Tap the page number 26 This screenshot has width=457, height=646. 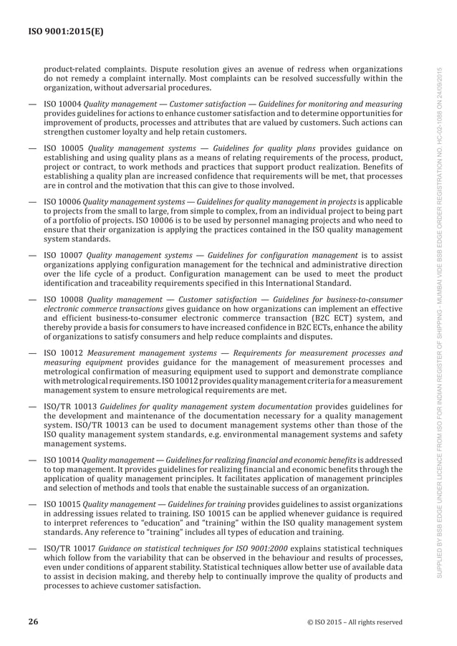coord(33,622)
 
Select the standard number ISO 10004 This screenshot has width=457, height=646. coord(62,105)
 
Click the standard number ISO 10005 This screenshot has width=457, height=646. coord(64,149)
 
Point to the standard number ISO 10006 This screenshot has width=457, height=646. coord(62,203)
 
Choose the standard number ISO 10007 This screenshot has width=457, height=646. coord(63,256)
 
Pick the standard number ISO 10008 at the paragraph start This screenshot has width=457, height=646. coord(64,300)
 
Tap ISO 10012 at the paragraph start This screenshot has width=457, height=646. coord(64,353)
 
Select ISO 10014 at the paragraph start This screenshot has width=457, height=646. coord(62,460)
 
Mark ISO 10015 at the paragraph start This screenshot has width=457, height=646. coord(62,504)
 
